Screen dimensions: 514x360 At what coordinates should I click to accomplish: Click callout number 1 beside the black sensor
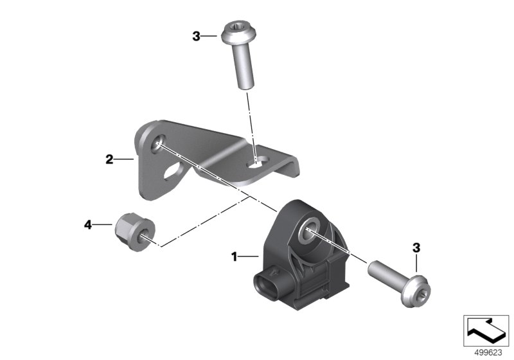pyautogui.click(x=234, y=256)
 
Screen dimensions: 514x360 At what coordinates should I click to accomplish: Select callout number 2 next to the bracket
pyautogui.click(x=109, y=159)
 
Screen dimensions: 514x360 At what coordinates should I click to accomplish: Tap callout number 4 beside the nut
pyautogui.click(x=88, y=225)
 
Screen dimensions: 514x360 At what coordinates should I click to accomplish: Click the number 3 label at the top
pyautogui.click(x=196, y=36)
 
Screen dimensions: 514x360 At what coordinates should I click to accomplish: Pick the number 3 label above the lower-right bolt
pyautogui.click(x=416, y=248)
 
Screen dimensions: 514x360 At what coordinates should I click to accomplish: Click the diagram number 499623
pyautogui.click(x=488, y=353)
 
